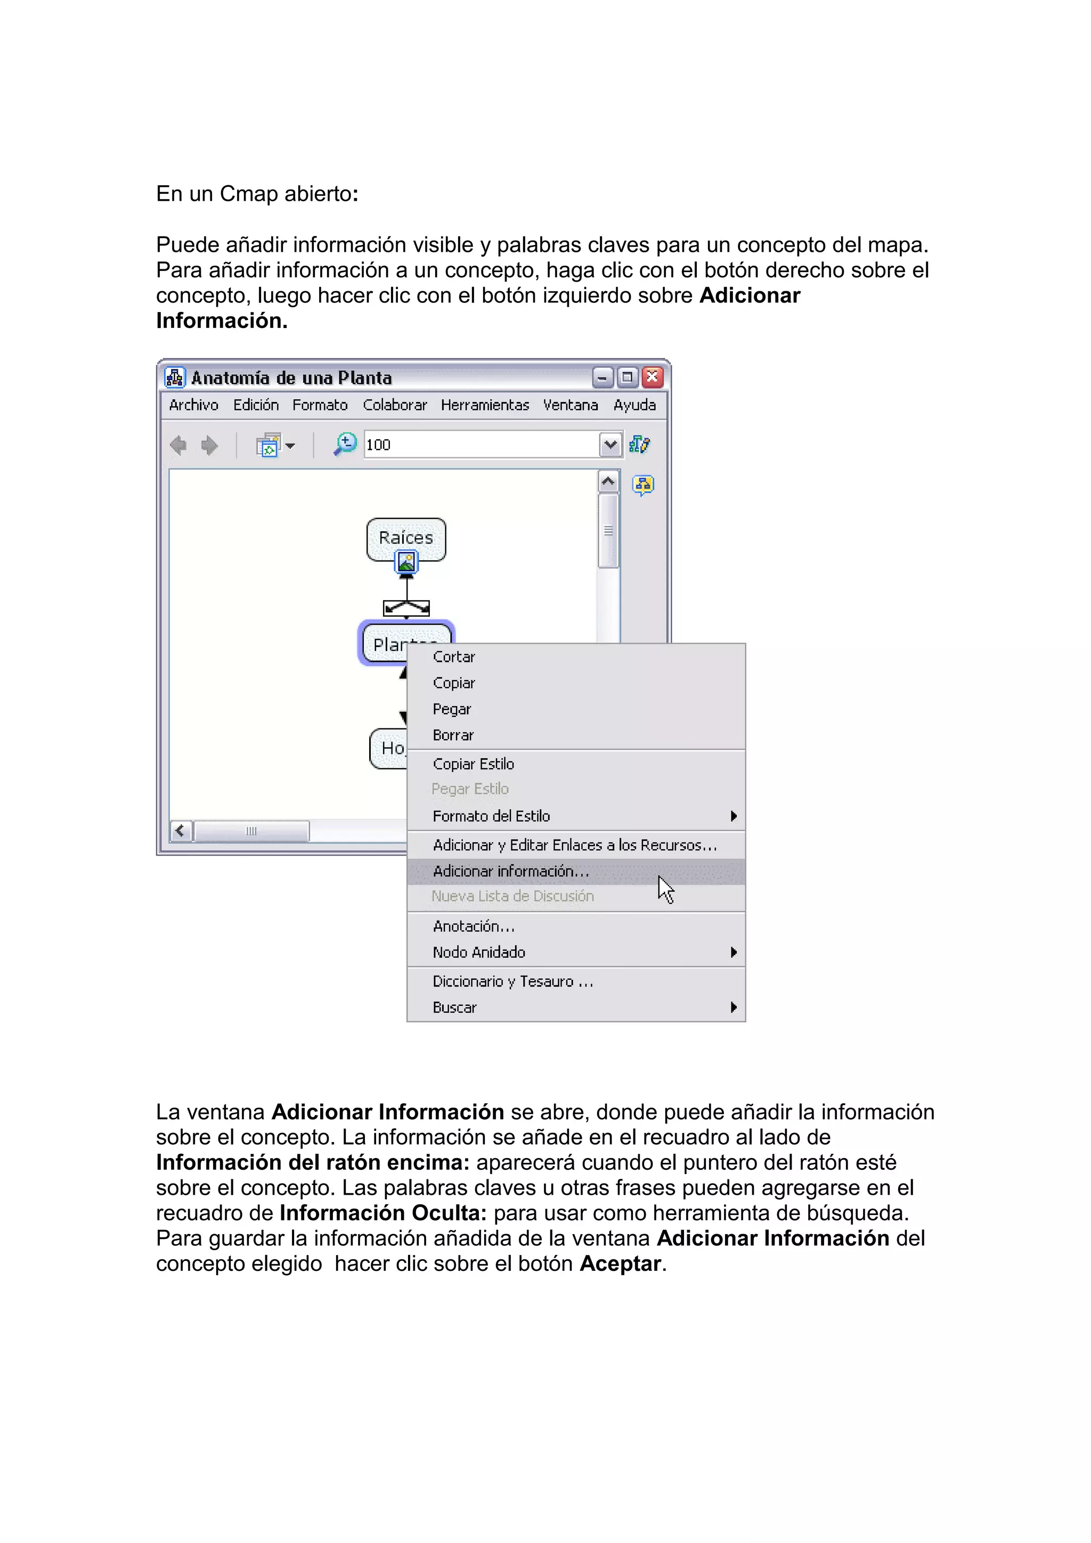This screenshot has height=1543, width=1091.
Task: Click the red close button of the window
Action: point(652,377)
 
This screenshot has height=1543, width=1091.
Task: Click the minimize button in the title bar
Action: point(603,377)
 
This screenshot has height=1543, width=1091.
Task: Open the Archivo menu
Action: point(193,405)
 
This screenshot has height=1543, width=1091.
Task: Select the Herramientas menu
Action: point(485,405)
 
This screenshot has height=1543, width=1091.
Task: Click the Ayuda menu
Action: point(634,405)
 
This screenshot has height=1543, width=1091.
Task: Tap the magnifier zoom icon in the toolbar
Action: point(346,444)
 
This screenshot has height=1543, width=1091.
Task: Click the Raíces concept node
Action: point(406,538)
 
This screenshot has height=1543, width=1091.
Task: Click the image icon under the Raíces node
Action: point(406,562)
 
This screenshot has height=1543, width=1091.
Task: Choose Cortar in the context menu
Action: point(454,657)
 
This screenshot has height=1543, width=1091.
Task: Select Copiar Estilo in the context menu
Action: point(473,764)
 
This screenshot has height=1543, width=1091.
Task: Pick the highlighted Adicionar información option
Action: point(511,872)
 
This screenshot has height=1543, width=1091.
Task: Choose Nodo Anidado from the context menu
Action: point(478,953)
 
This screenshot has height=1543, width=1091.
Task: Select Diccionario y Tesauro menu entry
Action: point(512,982)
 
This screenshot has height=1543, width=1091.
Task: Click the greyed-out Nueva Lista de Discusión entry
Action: point(512,897)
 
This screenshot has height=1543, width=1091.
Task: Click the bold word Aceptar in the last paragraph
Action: point(620,1264)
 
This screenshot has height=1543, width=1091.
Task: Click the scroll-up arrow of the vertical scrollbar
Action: point(608,482)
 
